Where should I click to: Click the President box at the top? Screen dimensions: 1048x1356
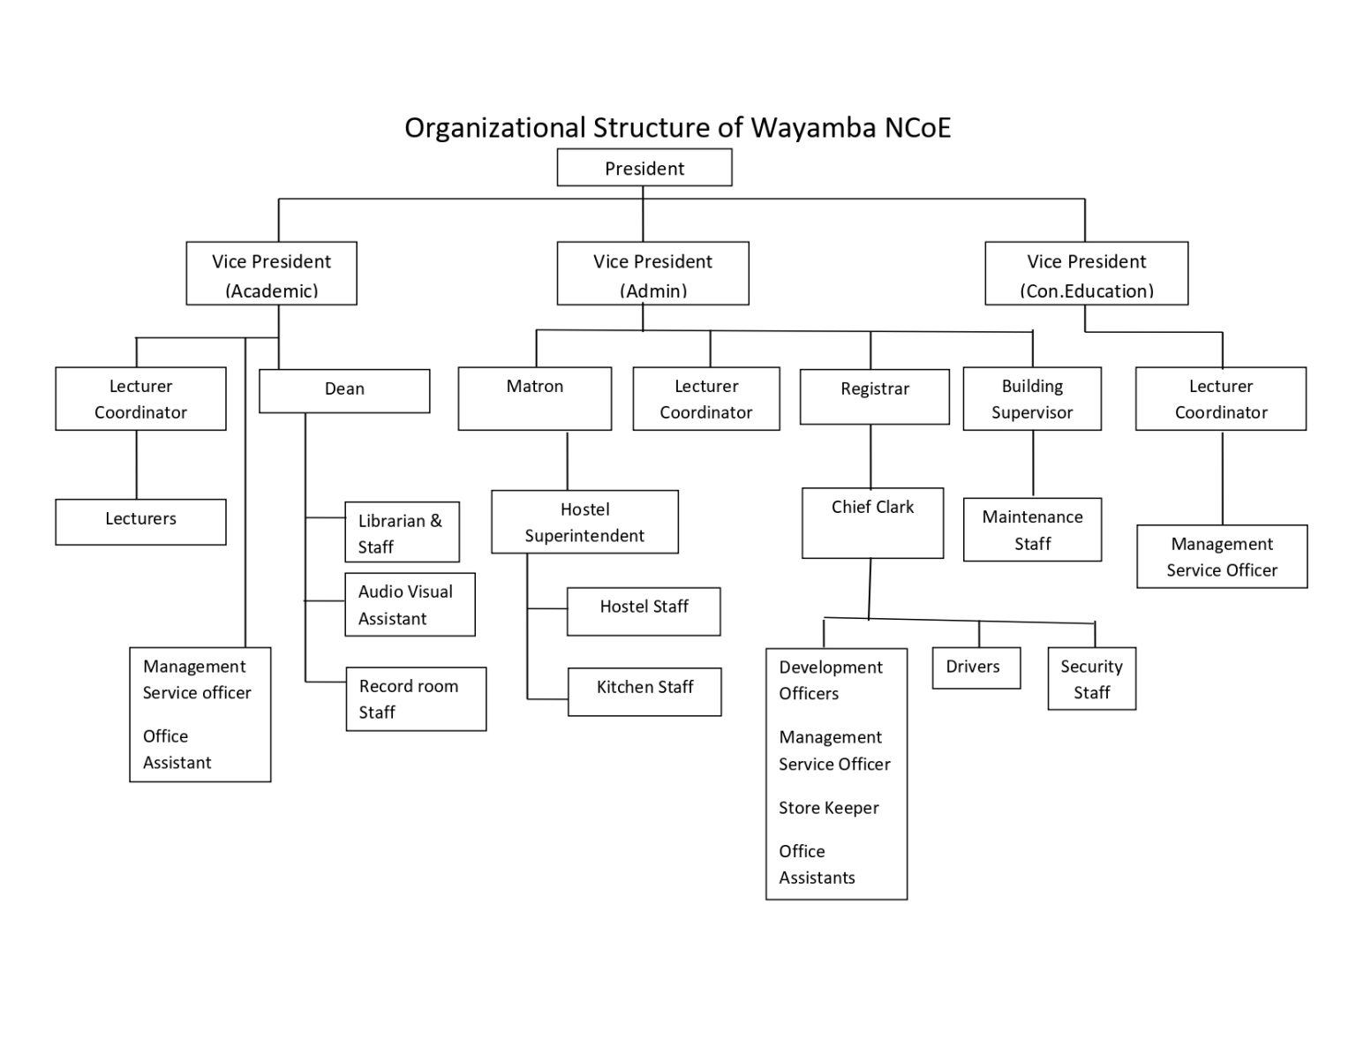644,168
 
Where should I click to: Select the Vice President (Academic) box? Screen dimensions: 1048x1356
271,274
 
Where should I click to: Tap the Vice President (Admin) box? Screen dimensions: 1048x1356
652,274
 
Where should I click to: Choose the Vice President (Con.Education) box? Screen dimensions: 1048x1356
1086,274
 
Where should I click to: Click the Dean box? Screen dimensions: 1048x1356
344,390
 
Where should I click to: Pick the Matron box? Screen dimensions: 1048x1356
534,398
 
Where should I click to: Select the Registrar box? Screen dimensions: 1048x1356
874,396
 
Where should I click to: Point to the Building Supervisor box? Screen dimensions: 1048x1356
1031,399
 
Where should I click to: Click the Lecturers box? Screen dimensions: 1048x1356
140,521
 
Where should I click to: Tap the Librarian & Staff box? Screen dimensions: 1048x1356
402,532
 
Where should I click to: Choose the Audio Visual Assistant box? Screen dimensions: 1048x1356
409,605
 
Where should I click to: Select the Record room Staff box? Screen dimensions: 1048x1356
415,698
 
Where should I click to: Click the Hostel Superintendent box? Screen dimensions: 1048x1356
584,522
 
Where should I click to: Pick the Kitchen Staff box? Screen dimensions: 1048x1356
644,690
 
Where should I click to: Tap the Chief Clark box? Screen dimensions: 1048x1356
872,523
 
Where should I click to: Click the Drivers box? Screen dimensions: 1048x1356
976,667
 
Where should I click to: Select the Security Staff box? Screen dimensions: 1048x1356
1091,679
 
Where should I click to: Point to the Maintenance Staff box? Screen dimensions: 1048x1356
1032,530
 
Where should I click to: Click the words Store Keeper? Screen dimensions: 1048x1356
828,808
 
